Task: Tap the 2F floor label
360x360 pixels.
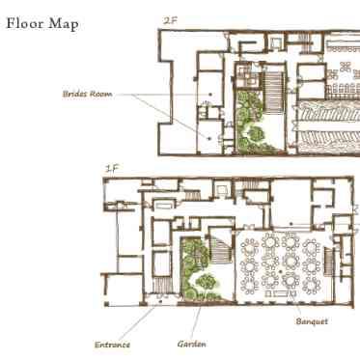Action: (170, 21)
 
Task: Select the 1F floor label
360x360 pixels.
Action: (112, 168)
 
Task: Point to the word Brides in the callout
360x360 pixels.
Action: (74, 94)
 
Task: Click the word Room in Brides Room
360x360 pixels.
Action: (100, 94)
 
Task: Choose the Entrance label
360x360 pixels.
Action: (112, 345)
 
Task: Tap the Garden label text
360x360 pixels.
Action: (192, 344)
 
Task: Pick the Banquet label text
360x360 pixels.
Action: (312, 321)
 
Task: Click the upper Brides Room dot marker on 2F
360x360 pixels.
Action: (210, 95)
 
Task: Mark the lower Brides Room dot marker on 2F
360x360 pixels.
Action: (209, 139)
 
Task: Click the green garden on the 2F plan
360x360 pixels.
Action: (251, 122)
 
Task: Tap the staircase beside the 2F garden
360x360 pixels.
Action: (273, 92)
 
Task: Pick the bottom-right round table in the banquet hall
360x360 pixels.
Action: (311, 285)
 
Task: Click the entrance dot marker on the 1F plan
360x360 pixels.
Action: (160, 301)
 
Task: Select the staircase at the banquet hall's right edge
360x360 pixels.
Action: (328, 263)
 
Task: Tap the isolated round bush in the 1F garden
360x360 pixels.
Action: (206, 282)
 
